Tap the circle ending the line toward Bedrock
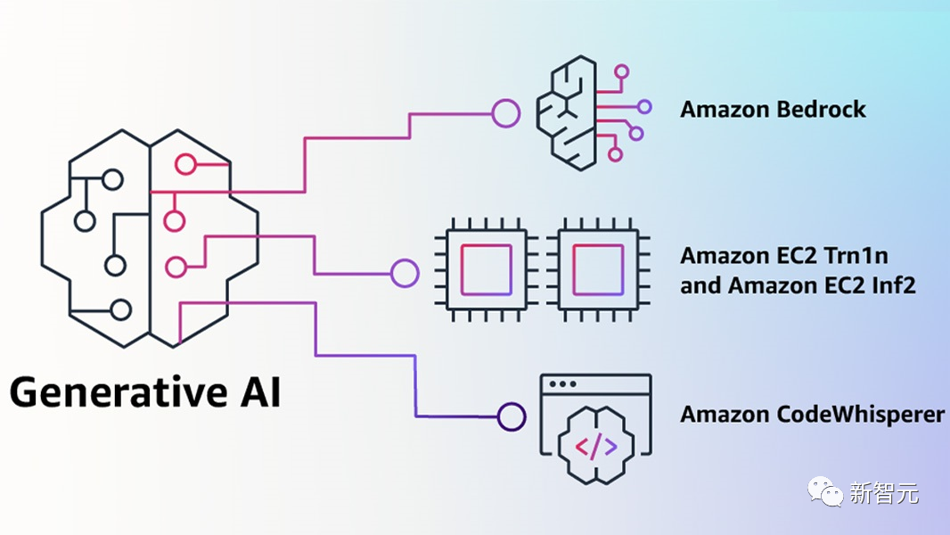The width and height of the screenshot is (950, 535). tap(506, 113)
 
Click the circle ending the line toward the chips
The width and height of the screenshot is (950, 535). tap(405, 273)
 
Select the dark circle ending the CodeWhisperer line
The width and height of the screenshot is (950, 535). tap(512, 416)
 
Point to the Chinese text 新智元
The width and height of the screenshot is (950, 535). tap(885, 491)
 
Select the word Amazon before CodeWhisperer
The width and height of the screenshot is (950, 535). tap(722, 415)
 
